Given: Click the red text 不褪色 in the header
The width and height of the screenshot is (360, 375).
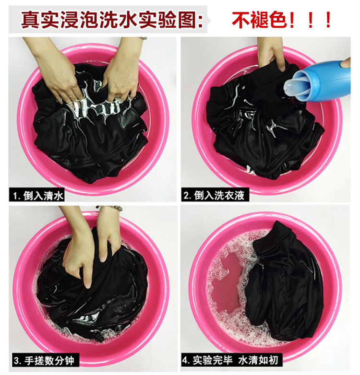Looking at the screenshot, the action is pyautogui.click(x=259, y=20).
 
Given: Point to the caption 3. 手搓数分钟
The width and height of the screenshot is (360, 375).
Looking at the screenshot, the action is pyautogui.click(x=44, y=361).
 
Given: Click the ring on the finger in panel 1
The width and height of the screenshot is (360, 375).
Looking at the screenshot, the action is pyautogui.click(x=71, y=96).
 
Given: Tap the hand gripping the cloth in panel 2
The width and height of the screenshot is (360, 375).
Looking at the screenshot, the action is pyautogui.click(x=270, y=53).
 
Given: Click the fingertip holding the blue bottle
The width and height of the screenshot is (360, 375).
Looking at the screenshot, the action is pyautogui.click(x=346, y=63).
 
